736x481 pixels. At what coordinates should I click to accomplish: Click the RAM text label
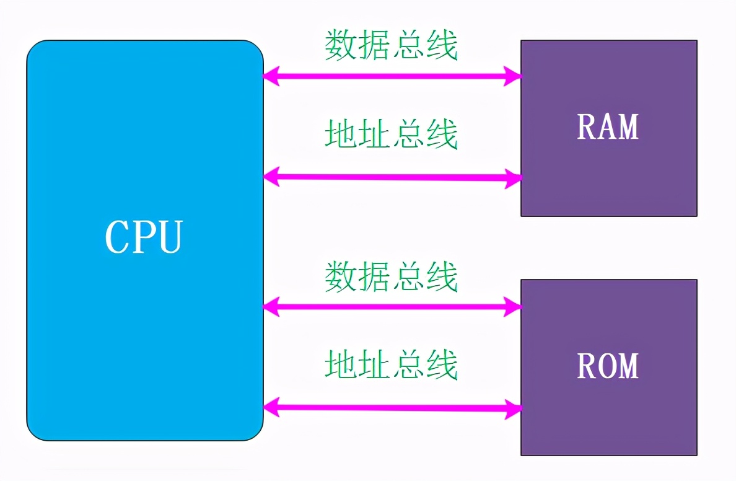(x=608, y=126)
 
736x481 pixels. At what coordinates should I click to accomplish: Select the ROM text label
(x=608, y=366)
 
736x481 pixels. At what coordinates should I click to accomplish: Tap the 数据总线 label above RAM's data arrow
(x=392, y=45)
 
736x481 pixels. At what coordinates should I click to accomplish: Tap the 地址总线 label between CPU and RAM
(x=392, y=134)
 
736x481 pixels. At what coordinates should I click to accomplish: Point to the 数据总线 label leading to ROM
(x=392, y=276)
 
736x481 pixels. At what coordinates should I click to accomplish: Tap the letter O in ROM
(x=607, y=366)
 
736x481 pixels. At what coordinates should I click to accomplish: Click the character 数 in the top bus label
(x=342, y=45)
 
